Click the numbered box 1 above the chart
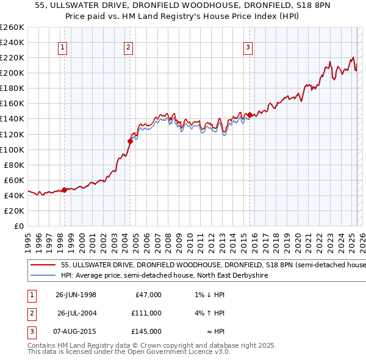[x=63, y=48]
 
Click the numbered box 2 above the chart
[x=129, y=48]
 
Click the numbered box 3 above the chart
[x=248, y=48]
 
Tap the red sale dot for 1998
[x=64, y=190]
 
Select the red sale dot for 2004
[x=130, y=141]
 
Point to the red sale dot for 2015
[x=249, y=115]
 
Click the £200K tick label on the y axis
[x=12, y=73]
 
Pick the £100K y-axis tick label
[x=12, y=149]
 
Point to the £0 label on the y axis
[x=18, y=226]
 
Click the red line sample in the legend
[x=42, y=265]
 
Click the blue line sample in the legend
[x=42, y=276]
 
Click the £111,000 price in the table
[x=146, y=313]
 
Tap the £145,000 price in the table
[x=146, y=331]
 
